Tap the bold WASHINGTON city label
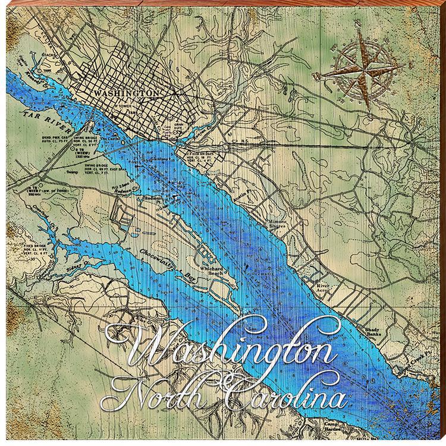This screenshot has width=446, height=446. [127, 93]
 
